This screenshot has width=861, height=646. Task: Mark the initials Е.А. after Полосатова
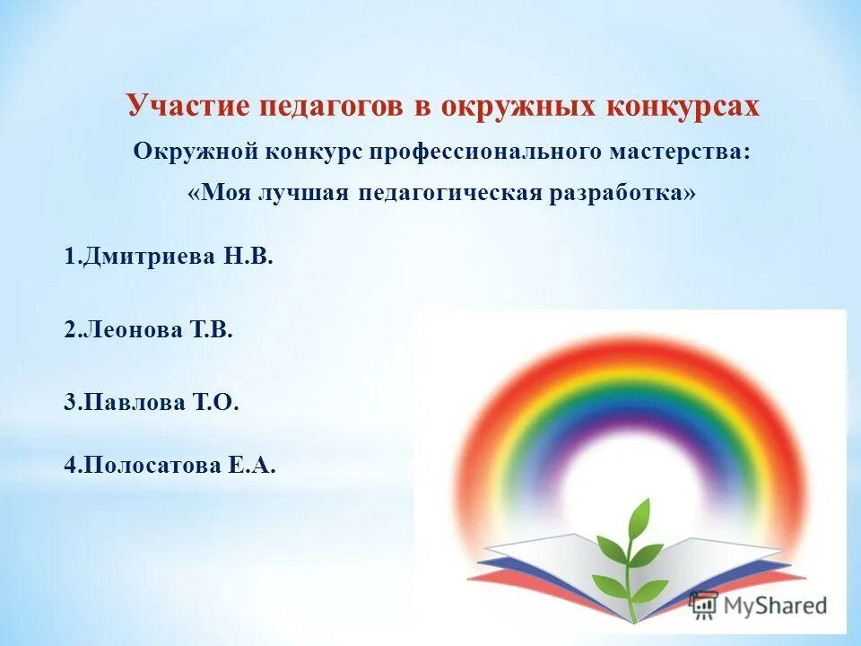pyautogui.click(x=255, y=467)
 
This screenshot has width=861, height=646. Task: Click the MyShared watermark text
pyautogui.click(x=774, y=606)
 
